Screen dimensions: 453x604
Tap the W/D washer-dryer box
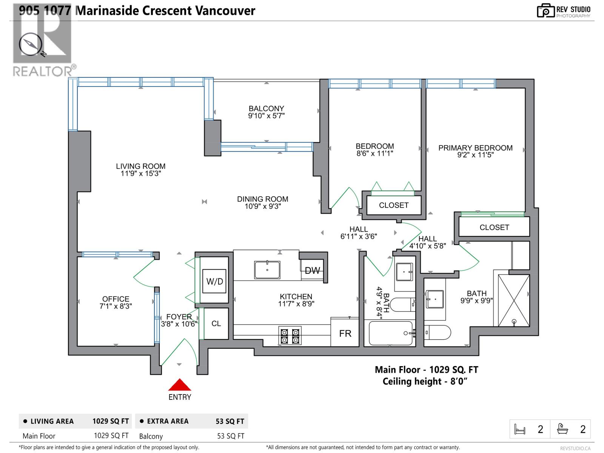tap(214, 281)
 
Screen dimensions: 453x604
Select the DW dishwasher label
tap(312, 270)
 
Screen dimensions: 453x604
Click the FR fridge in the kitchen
tap(345, 333)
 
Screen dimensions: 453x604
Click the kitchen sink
tap(267, 270)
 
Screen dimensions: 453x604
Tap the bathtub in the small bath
tap(391, 333)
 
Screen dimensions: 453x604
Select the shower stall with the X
tap(514, 300)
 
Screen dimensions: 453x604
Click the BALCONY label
tap(266, 108)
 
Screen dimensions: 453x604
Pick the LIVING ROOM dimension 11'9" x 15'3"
tap(140, 174)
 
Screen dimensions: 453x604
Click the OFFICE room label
tap(116, 299)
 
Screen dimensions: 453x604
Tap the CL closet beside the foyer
tap(216, 324)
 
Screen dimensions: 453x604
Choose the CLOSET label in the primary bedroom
tap(494, 227)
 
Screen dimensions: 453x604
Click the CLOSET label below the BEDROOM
tap(394, 205)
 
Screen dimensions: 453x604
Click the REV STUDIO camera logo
tap(545, 11)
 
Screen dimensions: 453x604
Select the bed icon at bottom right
tap(520, 429)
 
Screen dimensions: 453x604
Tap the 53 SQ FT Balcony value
tap(230, 436)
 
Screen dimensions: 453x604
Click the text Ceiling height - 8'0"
tap(425, 381)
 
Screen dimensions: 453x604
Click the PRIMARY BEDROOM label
tap(475, 148)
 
